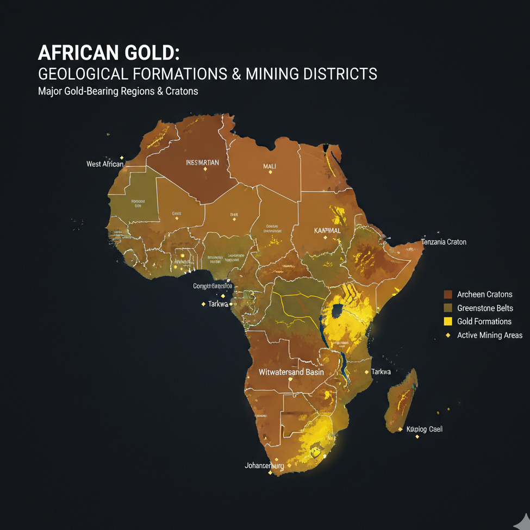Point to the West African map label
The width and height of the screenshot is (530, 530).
tap(105, 164)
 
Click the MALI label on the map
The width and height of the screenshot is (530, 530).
tap(270, 166)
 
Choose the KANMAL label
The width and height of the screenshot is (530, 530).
tap(328, 230)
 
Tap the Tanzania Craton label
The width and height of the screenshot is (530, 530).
tap(444, 242)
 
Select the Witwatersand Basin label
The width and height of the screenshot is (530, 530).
tap(291, 372)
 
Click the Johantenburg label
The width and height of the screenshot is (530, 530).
tap(264, 466)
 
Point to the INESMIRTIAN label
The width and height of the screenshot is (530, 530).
tap(202, 162)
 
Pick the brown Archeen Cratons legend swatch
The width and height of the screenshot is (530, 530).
tap(448, 295)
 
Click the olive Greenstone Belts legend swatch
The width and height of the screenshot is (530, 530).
tap(448, 308)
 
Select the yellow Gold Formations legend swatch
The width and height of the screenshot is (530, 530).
tap(448, 321)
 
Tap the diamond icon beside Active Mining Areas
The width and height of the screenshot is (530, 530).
tap(448, 335)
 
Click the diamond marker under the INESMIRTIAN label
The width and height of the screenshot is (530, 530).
tap(205, 170)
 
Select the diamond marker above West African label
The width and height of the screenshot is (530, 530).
tap(122, 157)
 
